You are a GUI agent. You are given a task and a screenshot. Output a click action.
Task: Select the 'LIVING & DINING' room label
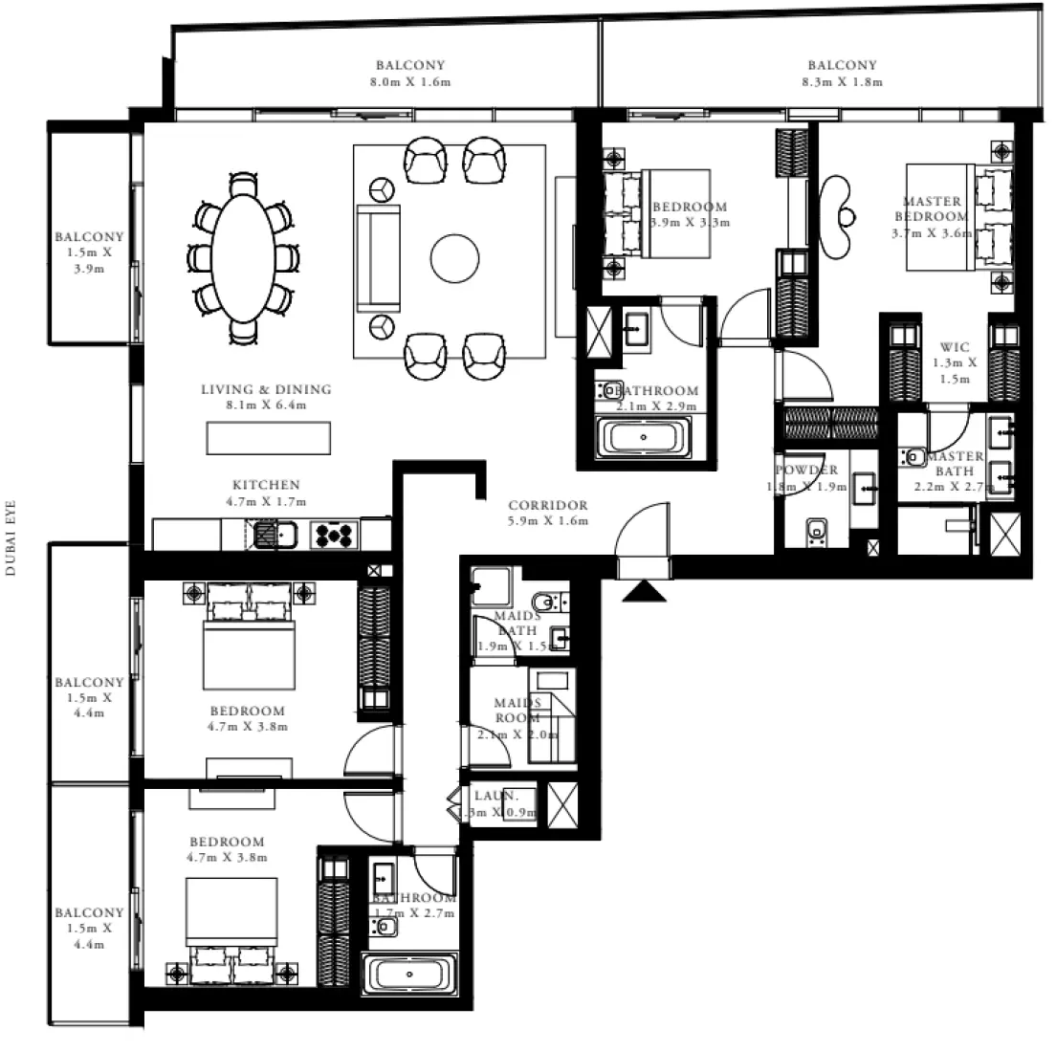266,389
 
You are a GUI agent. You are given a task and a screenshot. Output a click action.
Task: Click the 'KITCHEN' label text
266,486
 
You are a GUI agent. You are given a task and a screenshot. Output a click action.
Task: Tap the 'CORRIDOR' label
548,506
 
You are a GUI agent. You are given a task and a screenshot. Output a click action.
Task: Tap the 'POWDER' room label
806,471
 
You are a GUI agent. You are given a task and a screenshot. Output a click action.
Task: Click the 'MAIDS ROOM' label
517,711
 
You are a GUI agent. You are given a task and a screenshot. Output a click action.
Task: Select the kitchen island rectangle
269,438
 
